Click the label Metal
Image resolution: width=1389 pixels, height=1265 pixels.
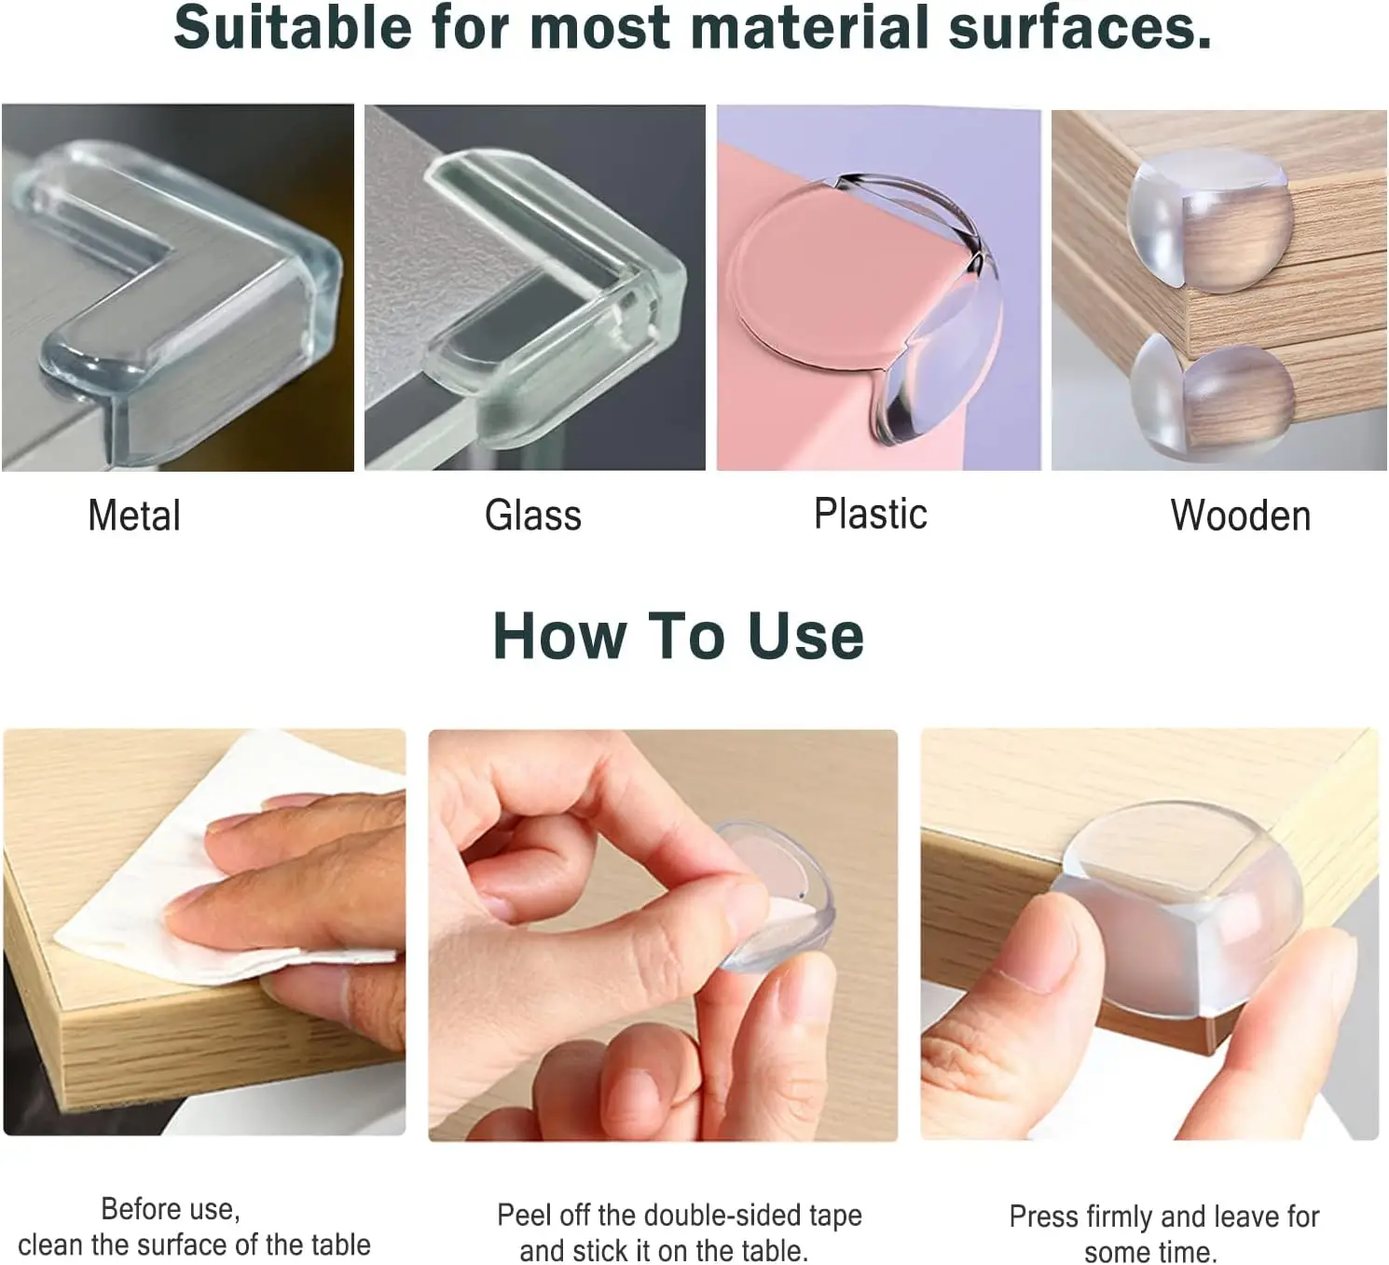coord(134,516)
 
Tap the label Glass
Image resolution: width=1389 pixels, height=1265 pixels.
coord(532,516)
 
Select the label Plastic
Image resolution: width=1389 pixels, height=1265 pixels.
coord(870,514)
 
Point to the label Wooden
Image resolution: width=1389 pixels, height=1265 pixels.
coord(1240,516)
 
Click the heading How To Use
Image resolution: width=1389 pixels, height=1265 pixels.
coord(678,637)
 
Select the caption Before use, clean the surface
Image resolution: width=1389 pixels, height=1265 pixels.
coord(194,1227)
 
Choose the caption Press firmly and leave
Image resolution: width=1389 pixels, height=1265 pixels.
coord(1163,1233)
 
